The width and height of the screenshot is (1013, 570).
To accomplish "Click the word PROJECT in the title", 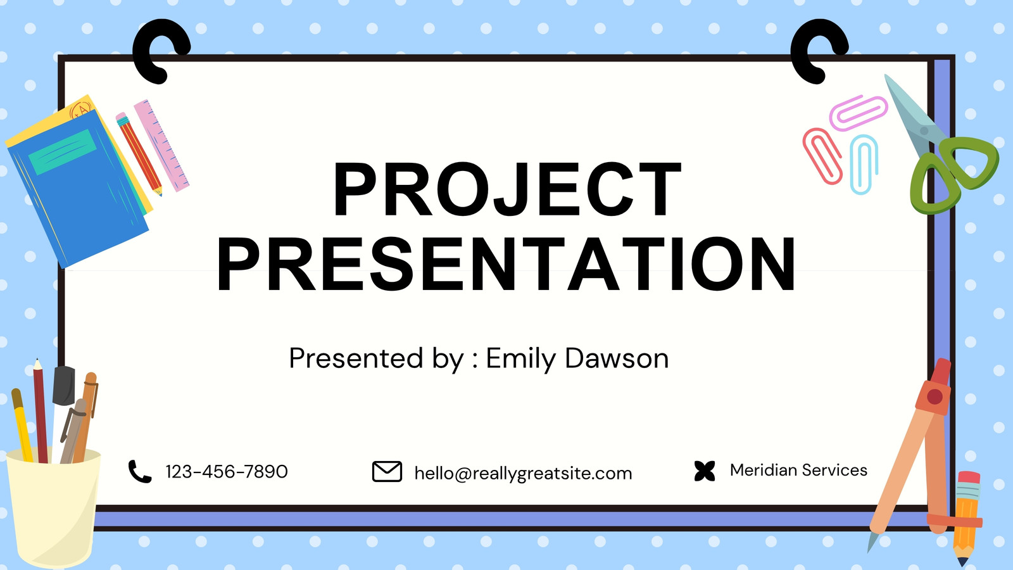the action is point(507,189).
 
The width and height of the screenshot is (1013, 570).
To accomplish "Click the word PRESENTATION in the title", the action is point(506,264).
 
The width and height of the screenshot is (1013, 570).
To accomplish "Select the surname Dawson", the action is point(617,358).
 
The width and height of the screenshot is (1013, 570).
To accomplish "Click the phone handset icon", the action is point(140,471).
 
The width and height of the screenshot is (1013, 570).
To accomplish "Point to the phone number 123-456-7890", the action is point(227,471).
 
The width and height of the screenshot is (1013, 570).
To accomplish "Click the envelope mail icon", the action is point(387,471).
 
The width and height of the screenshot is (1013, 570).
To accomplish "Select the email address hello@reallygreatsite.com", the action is point(523,473).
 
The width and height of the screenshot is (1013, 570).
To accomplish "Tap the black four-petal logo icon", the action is point(705,471).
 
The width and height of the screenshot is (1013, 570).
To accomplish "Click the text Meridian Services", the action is point(798,470).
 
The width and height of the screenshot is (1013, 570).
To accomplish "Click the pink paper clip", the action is point(858,113).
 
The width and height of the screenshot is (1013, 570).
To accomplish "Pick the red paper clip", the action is point(822,156).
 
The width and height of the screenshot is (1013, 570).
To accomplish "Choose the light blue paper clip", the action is point(864,164).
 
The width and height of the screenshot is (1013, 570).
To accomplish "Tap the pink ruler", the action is point(161,146).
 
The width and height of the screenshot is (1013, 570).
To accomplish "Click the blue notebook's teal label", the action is point(62,152).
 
